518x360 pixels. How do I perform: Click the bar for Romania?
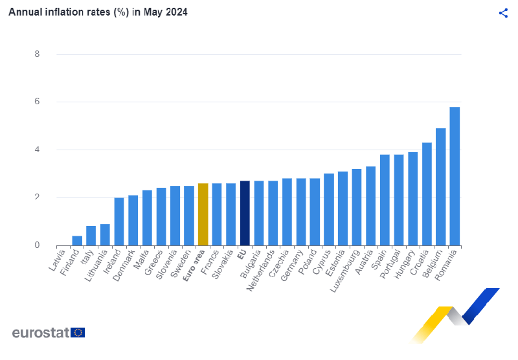coord(455,176)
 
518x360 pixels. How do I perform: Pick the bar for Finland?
coord(77,241)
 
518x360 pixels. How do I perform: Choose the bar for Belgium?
coord(440,186)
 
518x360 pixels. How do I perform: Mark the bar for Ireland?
coord(119,221)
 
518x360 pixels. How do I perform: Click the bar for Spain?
coord(385,200)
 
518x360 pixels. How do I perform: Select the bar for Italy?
coord(91,236)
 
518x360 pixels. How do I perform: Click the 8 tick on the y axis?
coord(38,54)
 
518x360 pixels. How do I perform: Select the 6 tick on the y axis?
coord(38,102)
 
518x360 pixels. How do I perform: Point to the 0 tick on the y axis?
coord(38,245)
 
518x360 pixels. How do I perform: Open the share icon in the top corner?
coord(503,13)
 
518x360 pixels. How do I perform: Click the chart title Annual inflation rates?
coord(98,12)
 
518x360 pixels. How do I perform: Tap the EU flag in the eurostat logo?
coord(78,333)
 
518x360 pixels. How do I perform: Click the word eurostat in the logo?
coord(41,333)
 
